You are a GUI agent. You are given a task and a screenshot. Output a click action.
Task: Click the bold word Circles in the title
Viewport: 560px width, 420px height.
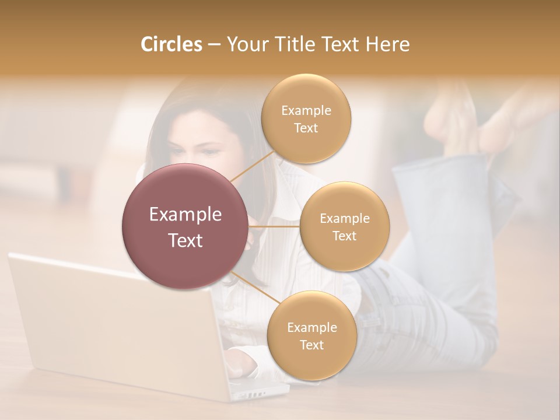171,44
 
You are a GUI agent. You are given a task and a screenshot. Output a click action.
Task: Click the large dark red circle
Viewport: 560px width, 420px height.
185,226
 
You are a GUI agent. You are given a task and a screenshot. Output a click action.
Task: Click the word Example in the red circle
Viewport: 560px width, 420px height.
185,215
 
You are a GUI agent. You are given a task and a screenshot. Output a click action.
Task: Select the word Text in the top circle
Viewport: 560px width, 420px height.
306,128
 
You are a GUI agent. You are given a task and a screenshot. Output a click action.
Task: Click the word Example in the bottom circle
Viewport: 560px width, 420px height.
311,327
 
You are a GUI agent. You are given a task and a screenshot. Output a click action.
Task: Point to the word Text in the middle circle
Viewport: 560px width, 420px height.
344,236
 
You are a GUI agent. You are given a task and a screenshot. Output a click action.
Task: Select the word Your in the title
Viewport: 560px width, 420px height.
245,44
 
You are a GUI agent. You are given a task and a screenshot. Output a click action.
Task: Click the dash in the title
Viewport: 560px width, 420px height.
213,45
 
